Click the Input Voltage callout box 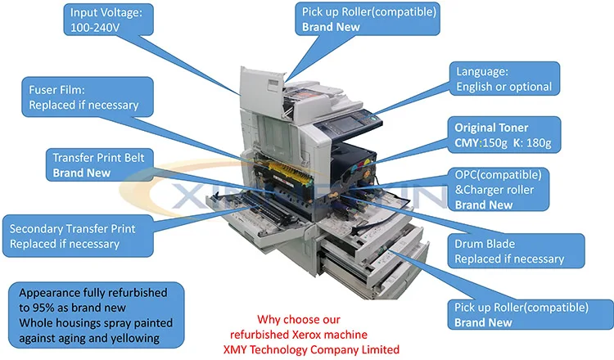click(x=108, y=20)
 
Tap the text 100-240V click(x=95, y=27)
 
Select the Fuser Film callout click(x=88, y=97)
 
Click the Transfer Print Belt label click(x=99, y=164)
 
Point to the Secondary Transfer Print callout click(x=78, y=236)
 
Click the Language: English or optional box click(x=504, y=79)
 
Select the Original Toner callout click(x=504, y=135)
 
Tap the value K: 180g click(x=532, y=143)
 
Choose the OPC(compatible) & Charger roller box click(x=499, y=189)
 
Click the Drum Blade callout click(x=516, y=251)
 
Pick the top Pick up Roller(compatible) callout click(x=368, y=19)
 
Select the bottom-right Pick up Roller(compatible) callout click(x=530, y=315)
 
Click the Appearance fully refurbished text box click(x=97, y=315)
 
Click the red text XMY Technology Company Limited click(x=311, y=349)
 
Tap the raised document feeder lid click(x=262, y=93)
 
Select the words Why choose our click(x=299, y=319)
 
